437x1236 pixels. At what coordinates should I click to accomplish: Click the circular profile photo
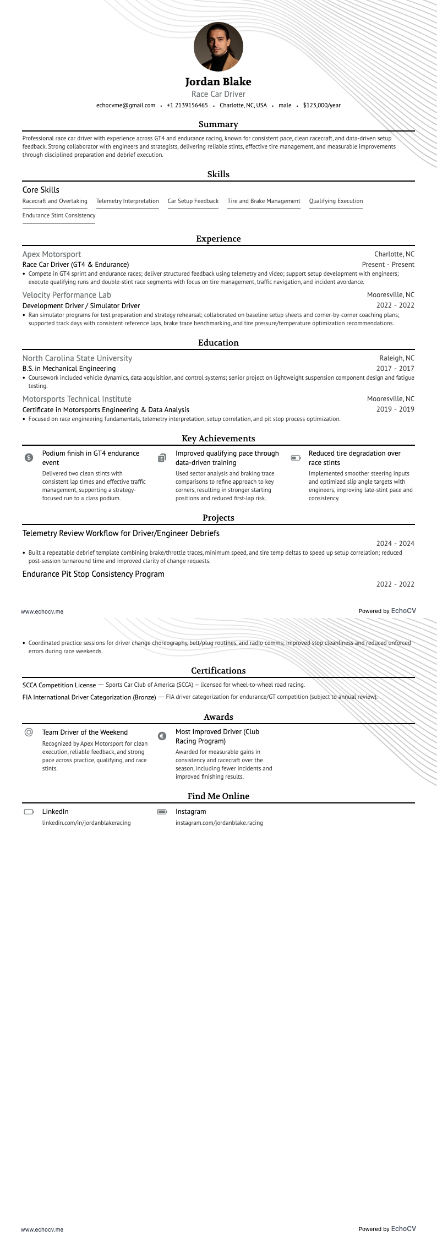tap(218, 47)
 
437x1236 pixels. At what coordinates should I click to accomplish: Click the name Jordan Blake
tap(218, 81)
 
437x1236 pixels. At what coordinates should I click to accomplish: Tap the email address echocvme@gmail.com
tap(125, 105)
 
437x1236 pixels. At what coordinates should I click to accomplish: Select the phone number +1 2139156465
tap(187, 105)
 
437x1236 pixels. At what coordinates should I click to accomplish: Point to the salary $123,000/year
tap(322, 105)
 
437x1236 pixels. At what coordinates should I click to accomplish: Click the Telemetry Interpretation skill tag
tap(127, 201)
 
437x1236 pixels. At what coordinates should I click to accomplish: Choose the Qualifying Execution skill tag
tap(336, 201)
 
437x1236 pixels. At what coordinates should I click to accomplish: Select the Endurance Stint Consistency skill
tap(59, 216)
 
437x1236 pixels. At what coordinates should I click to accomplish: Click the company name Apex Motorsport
tap(52, 254)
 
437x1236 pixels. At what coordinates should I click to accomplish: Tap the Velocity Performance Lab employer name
tap(67, 295)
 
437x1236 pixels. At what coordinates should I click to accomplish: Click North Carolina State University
tap(77, 358)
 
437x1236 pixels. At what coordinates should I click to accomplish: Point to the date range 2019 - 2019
tap(395, 409)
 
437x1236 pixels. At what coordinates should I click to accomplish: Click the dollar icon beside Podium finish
tap(29, 458)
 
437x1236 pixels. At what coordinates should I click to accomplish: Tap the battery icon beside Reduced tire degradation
tap(296, 458)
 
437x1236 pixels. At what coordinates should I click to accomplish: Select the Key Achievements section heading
tap(218, 439)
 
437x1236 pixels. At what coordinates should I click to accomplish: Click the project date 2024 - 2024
tap(395, 544)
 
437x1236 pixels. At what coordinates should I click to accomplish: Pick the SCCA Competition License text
tap(59, 685)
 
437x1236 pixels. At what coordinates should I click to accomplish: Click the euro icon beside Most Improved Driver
tap(162, 736)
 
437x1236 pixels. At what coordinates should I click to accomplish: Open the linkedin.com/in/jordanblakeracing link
tap(86, 823)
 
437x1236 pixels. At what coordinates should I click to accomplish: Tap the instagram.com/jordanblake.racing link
tap(219, 823)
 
